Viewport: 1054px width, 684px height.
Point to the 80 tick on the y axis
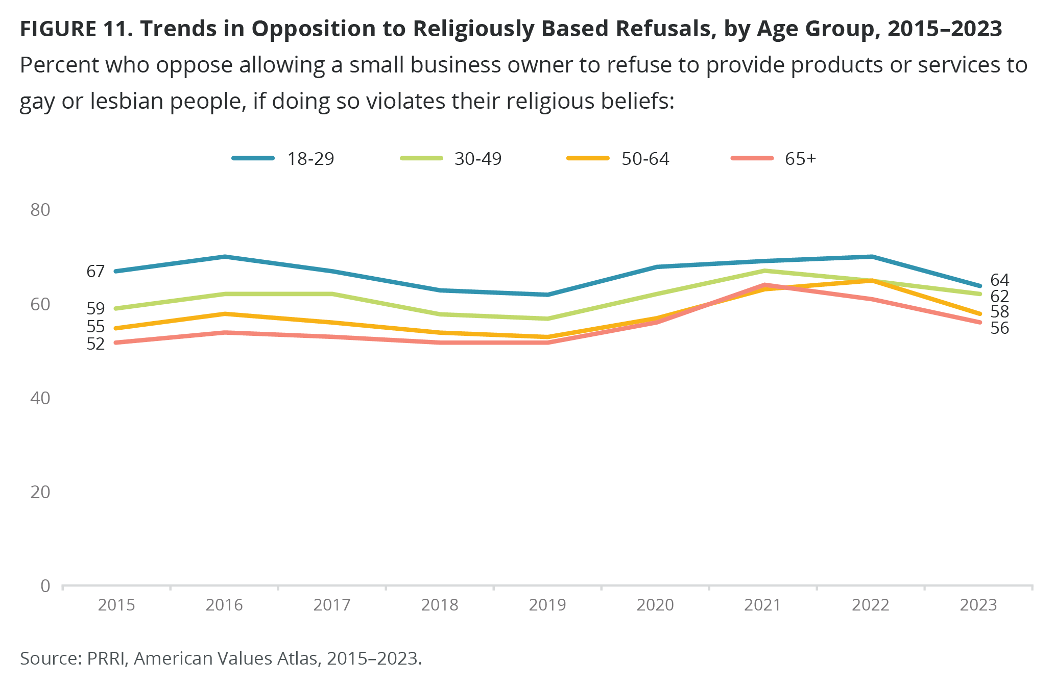coord(40,210)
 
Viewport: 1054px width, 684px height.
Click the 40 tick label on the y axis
coord(40,398)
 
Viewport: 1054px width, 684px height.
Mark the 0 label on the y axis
coord(45,585)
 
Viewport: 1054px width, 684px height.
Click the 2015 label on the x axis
coord(116,605)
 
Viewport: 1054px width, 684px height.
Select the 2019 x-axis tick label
coord(547,605)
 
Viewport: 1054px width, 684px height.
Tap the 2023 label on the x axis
coord(978,605)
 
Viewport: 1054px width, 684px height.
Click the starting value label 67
coord(95,272)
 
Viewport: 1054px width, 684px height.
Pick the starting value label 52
coord(95,344)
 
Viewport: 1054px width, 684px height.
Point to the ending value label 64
coord(1000,280)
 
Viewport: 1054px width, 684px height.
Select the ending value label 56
coord(1000,328)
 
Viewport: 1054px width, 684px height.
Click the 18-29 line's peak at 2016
coord(225,256)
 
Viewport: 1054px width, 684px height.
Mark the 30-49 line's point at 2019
coord(547,319)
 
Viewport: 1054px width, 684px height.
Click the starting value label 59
coord(95,309)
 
